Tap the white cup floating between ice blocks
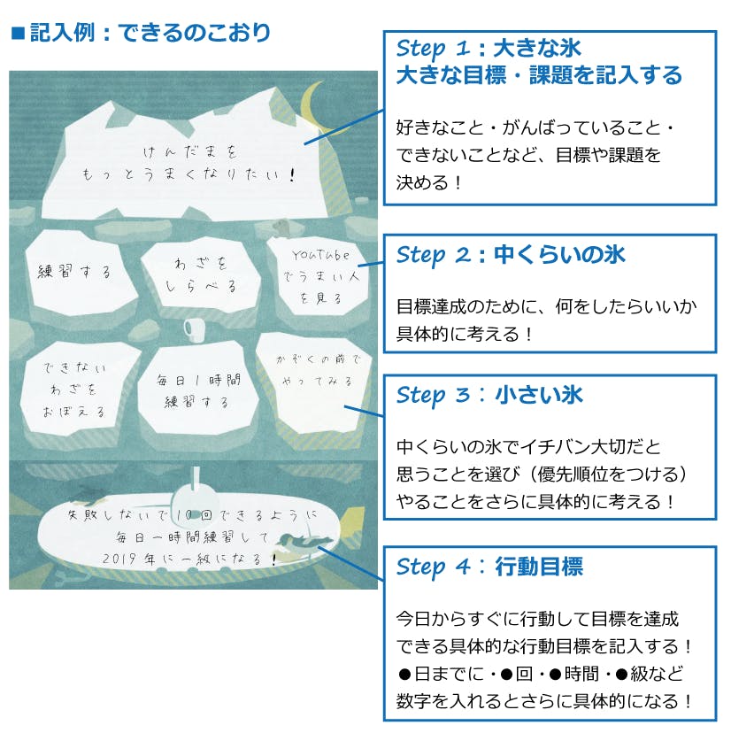(x=194, y=328)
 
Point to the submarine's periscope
(x=196, y=478)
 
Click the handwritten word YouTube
(x=320, y=255)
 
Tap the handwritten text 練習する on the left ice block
(x=74, y=272)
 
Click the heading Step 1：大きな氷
(x=489, y=48)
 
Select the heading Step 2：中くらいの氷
(x=511, y=255)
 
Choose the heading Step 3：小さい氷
(x=489, y=396)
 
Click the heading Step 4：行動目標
(x=489, y=567)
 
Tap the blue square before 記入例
(x=19, y=34)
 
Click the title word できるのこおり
(x=194, y=33)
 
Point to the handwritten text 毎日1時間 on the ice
(x=198, y=380)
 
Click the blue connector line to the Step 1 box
(x=344, y=127)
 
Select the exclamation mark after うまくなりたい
(x=292, y=174)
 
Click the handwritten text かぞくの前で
(x=319, y=359)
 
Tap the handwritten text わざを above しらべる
(x=201, y=264)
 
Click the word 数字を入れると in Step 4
(x=472, y=702)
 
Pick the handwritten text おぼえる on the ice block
(x=73, y=412)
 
